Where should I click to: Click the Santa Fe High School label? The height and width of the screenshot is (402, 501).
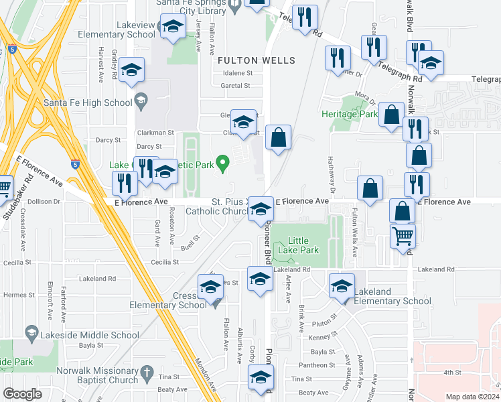click(88, 103)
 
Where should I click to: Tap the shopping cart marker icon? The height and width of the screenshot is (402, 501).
click(403, 235)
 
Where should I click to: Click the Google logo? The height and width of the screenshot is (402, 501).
click(22, 393)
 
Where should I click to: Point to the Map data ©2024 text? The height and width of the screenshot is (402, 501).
click(472, 397)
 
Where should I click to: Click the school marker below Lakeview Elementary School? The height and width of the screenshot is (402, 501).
click(173, 27)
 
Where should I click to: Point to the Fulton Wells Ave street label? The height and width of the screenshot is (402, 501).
click(355, 231)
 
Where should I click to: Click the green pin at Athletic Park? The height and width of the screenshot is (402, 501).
click(225, 161)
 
